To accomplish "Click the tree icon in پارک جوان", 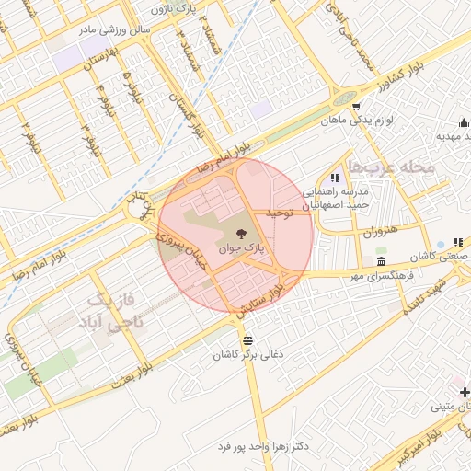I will pos(241,234).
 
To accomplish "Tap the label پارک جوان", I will pos(241,247).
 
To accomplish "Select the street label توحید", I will pos(279,212).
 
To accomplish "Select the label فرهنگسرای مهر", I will pos(378,275).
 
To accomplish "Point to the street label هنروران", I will pos(379,231).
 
